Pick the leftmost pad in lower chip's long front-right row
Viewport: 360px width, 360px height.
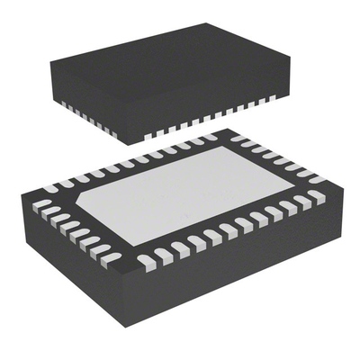pos(146,262)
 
